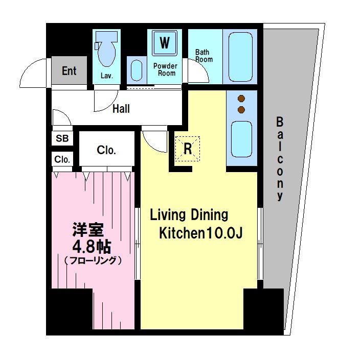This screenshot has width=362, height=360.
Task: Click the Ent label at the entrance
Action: (x=69, y=70)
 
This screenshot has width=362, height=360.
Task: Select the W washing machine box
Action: (x=165, y=43)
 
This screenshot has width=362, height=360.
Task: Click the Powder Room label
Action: (x=165, y=69)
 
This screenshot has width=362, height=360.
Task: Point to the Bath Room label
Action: (x=204, y=56)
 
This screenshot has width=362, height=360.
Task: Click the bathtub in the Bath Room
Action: (x=241, y=57)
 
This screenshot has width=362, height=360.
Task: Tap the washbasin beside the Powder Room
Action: (x=136, y=70)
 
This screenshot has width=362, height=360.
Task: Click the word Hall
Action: (x=121, y=109)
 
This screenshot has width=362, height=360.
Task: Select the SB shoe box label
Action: (x=62, y=138)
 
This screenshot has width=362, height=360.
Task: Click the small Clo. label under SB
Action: (x=62, y=159)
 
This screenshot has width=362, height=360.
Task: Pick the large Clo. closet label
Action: (x=106, y=151)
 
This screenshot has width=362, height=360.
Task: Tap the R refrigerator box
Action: (x=188, y=149)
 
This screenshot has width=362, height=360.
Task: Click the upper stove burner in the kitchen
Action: (x=241, y=99)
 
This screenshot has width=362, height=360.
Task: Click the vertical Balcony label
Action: (x=279, y=159)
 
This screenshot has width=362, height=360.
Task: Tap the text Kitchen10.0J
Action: (x=200, y=233)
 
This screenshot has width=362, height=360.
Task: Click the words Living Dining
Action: (x=189, y=214)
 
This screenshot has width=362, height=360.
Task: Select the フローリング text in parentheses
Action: (x=92, y=260)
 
